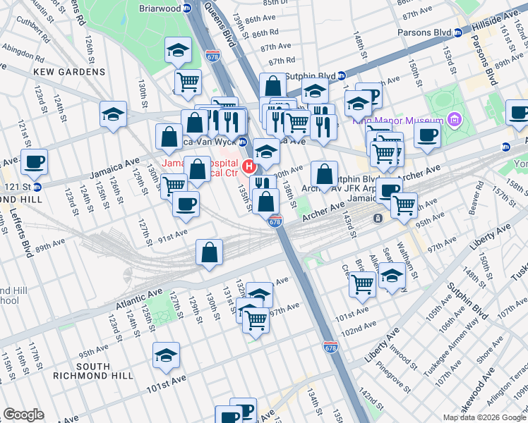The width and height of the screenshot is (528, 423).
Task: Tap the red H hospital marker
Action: (x=248, y=167)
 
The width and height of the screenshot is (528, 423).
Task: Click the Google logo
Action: (x=23, y=415)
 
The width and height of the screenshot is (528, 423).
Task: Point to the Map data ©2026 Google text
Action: (x=484, y=417)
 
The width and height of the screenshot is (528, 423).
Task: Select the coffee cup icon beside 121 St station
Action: (x=34, y=162)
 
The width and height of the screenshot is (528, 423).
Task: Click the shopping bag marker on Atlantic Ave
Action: (x=210, y=252)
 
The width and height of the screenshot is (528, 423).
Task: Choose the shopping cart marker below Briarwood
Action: (x=188, y=82)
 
